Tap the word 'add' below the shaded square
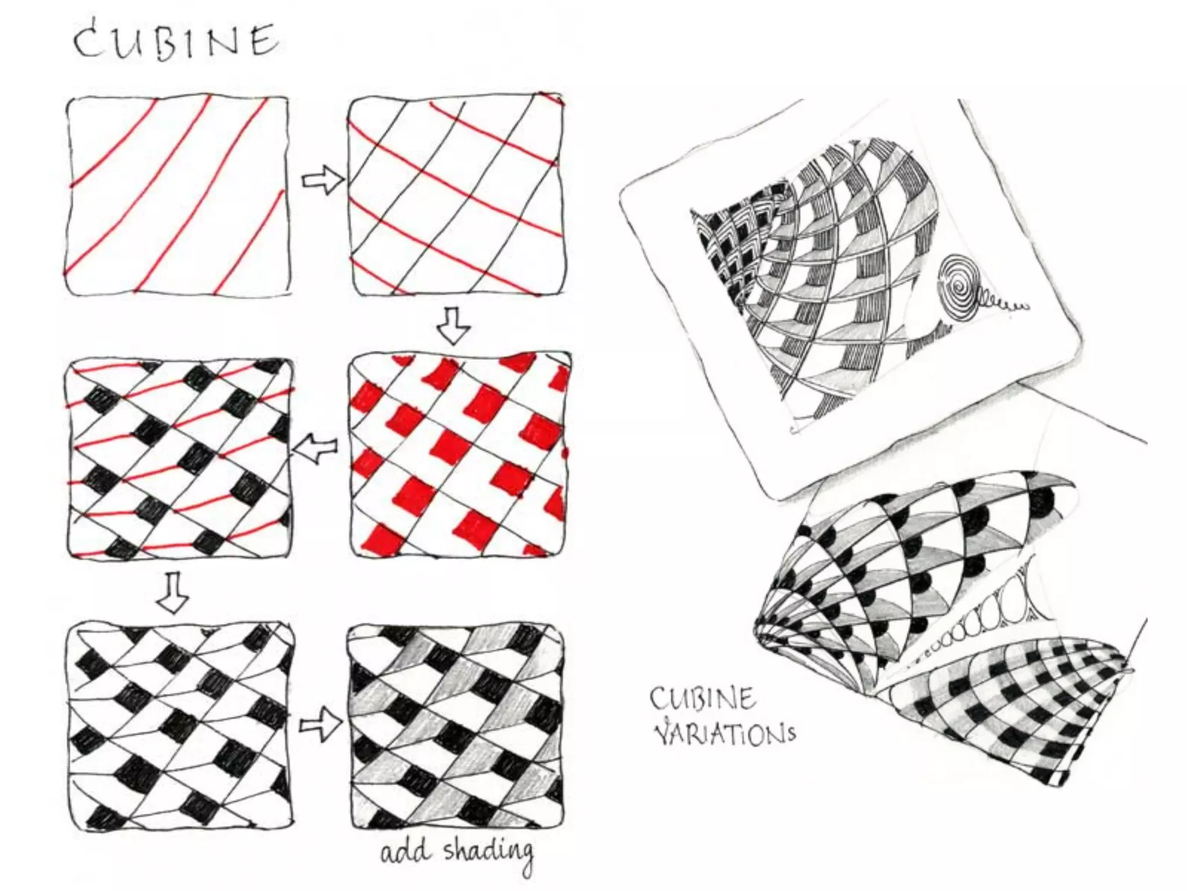coord(406,853)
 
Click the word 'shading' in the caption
coord(488,854)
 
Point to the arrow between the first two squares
coord(322,180)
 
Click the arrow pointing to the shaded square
coord(321,726)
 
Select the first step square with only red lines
coord(177,195)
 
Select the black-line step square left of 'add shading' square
coord(180,727)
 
